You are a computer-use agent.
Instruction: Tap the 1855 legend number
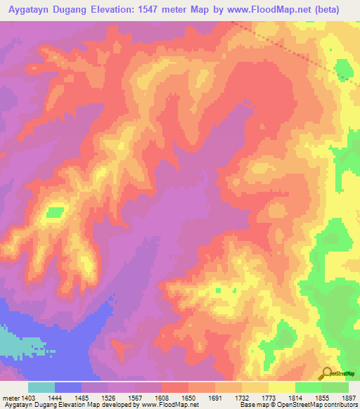pos(322,397)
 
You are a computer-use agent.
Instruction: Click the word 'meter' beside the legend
pos(12,397)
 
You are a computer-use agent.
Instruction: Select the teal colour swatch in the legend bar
pos(41,387)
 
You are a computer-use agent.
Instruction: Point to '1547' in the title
pos(168,10)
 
